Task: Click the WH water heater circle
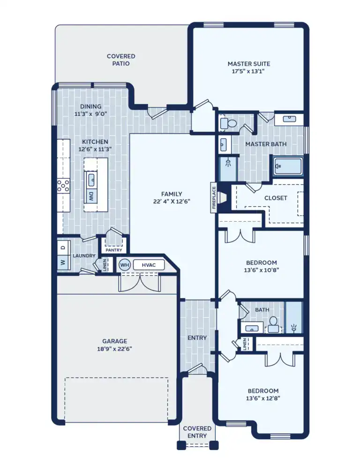[x=124, y=265]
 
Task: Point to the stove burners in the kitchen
[x=63, y=186]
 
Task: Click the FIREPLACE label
[x=214, y=197]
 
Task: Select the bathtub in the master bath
[x=288, y=166]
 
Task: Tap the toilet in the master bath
[x=228, y=124]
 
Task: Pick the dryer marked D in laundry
[x=63, y=246]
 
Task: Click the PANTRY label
[x=114, y=250]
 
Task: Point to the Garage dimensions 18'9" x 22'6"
[x=115, y=349]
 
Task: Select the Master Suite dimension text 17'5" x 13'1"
[x=248, y=72]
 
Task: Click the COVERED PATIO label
[x=121, y=60]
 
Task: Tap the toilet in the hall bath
[x=273, y=324]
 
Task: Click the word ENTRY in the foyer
[x=197, y=338]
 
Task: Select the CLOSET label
[x=276, y=198]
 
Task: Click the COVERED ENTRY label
[x=197, y=432]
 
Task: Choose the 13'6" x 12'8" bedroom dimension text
[x=262, y=398]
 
